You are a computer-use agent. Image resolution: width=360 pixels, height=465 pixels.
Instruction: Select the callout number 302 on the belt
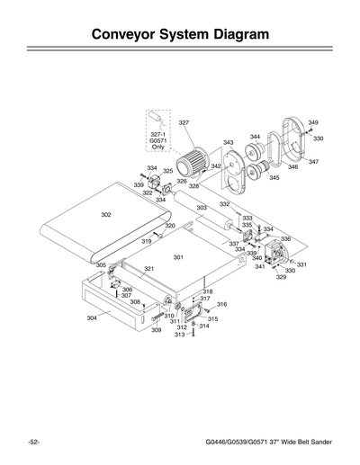106,215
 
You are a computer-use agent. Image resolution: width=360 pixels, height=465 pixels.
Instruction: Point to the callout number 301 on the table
178,257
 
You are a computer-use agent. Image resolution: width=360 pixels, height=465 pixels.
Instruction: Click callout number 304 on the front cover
92,317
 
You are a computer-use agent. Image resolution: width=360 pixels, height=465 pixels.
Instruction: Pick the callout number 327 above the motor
183,122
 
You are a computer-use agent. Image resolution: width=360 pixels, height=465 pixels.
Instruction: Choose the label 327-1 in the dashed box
158,133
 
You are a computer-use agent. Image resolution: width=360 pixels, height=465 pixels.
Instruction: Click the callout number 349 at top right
312,122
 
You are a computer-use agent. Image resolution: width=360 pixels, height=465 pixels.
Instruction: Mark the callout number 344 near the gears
255,137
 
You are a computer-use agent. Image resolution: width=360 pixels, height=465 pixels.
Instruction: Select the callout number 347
313,161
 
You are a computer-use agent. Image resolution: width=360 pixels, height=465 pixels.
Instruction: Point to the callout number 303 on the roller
202,208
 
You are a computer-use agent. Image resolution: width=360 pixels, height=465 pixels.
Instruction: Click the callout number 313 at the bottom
179,335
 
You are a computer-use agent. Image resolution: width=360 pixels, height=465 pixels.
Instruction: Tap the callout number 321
149,269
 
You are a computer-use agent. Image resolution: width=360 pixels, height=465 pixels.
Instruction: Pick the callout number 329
281,278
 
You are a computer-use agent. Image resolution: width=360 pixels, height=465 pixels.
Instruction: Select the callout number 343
229,142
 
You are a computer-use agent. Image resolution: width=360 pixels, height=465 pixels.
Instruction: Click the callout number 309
156,330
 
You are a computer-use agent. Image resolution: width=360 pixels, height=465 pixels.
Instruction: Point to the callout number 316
221,305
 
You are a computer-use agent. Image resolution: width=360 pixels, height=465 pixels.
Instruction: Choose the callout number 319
146,242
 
